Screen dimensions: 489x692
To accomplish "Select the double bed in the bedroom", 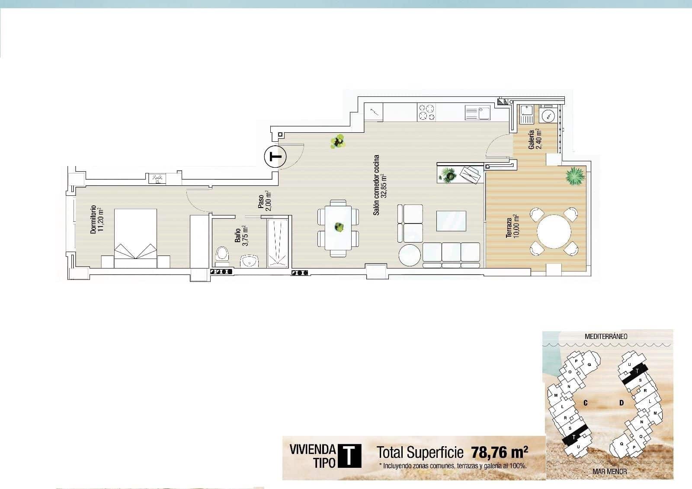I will [135, 233].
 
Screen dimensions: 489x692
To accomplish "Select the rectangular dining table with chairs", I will [338, 228].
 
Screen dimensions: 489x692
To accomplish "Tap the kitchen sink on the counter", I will [478, 113].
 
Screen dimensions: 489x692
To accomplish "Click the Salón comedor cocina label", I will [379, 185].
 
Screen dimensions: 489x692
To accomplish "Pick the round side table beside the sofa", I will [409, 256].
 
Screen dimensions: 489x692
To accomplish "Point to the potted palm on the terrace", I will [575, 176].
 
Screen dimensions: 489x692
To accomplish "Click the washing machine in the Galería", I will [548, 115].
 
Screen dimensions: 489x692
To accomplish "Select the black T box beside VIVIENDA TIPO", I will [349, 456].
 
